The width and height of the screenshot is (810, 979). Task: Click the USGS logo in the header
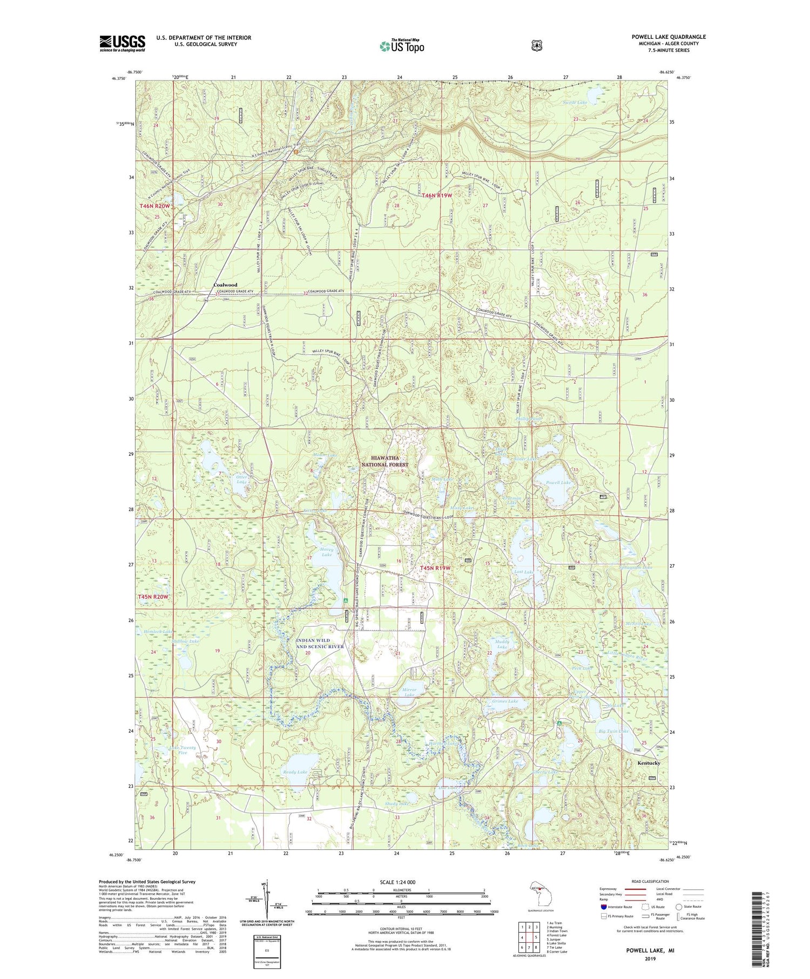122,43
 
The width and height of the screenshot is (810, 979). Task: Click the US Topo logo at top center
402,46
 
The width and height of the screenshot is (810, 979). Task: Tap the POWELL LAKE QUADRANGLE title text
669,37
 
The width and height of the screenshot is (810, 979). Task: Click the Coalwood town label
225,285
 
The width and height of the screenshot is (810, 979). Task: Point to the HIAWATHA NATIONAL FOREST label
384,461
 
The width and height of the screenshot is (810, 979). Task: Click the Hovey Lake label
327,552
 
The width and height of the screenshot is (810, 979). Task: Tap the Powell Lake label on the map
558,483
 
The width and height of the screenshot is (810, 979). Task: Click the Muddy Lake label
502,644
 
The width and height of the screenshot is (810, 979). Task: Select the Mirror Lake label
410,692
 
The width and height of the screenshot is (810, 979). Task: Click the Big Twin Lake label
613,731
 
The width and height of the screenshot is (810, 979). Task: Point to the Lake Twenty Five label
183,750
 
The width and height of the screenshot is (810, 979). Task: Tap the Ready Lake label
295,772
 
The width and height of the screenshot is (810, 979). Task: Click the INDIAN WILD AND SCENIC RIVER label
320,643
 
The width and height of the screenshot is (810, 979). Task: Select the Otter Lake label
242,480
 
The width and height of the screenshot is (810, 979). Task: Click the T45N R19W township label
435,569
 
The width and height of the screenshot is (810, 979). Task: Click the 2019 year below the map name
650,960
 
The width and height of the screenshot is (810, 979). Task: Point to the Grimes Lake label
505,701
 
